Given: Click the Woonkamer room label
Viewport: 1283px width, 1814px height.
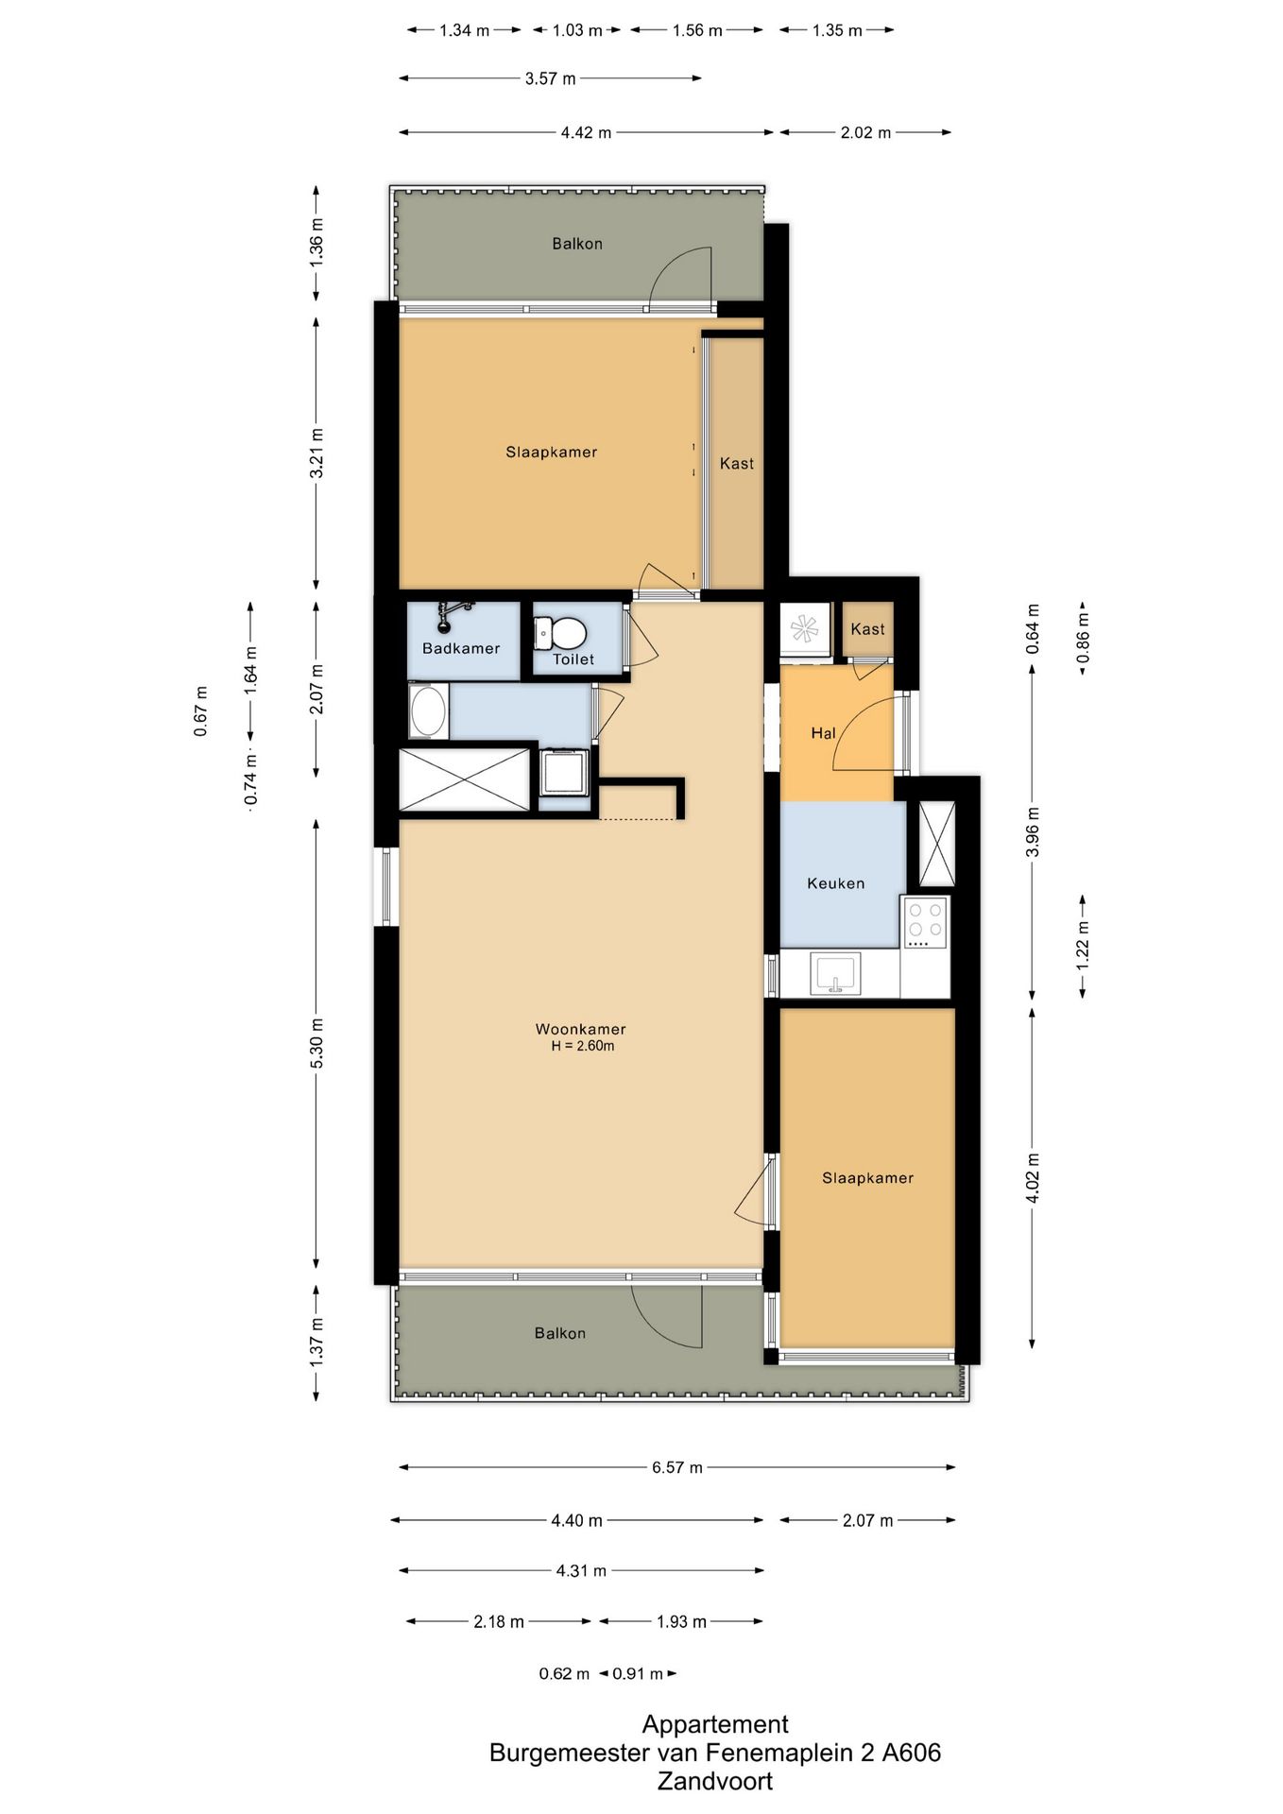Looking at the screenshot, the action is coord(580,1029).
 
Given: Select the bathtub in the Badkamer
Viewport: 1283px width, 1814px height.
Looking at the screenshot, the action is coord(429,711).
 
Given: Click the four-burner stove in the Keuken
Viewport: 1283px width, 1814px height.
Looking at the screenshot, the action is coord(925,922).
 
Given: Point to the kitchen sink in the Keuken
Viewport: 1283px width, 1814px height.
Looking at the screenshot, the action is coord(835,973).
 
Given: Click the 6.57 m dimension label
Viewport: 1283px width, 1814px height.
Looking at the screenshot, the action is coord(676,1467).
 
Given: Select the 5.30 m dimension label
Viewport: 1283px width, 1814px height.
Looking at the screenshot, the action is coord(317,1043).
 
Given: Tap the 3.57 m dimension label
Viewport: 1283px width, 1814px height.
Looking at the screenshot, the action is coord(550,78).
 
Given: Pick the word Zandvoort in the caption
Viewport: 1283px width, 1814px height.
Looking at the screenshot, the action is coord(715,1781).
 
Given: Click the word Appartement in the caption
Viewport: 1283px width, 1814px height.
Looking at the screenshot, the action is coord(715,1724).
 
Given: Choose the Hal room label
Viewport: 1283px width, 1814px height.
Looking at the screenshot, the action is coord(823,733).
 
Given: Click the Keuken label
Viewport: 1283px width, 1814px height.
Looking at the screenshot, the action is coord(835,883).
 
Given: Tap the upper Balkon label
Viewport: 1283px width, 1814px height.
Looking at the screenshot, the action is coord(577,244).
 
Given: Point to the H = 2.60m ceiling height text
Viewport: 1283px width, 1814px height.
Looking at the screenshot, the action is coord(583,1046).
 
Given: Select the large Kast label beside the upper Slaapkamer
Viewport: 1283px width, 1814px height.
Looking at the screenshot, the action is coord(737,463).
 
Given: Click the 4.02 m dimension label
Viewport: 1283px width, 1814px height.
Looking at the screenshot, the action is coord(1033,1178).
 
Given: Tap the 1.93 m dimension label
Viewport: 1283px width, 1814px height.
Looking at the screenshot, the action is coord(681,1621).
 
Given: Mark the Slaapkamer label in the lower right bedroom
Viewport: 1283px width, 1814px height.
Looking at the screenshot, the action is coord(867,1178).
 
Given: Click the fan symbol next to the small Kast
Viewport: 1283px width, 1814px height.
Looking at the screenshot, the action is coord(804,627).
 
